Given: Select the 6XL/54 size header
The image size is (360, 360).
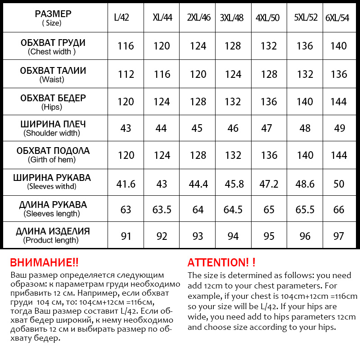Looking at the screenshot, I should [x=337, y=18].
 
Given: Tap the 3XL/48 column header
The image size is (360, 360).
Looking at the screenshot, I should [x=232, y=18].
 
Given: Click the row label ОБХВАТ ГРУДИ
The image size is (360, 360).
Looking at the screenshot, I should [x=53, y=43].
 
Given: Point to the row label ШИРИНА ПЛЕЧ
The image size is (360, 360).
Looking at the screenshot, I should [x=53, y=124].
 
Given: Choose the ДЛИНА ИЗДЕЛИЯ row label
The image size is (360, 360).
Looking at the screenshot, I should [x=53, y=232].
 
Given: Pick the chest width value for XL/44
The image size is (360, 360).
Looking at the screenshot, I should [x=162, y=46].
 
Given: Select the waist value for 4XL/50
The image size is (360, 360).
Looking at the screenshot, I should [x=269, y=74].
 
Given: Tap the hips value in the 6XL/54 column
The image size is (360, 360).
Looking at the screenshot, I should [x=339, y=101].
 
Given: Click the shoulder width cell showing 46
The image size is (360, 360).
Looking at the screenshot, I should [x=233, y=128].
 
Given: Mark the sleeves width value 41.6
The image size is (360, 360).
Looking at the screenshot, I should [x=126, y=183].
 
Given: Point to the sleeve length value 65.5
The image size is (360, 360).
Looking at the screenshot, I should [x=305, y=210].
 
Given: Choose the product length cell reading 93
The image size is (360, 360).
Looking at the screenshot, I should [x=198, y=237].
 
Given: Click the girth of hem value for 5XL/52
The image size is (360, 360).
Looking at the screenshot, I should [x=305, y=155].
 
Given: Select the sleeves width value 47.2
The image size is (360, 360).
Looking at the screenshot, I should [x=269, y=183].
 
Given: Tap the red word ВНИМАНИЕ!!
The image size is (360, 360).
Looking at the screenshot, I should [x=44, y=262].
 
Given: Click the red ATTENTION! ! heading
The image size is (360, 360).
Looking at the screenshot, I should [x=221, y=262].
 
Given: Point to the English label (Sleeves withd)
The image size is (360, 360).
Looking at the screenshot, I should [x=52, y=186].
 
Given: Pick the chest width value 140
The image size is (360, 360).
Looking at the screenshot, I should [x=339, y=46].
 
